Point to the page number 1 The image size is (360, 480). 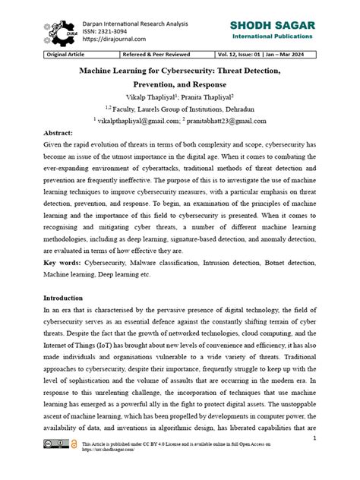[314, 439]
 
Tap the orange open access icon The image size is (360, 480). [74, 464]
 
